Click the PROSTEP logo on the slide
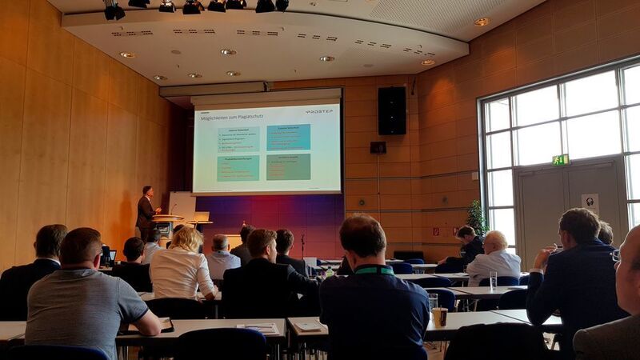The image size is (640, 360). pos(318,112)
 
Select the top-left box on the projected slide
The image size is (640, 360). pos(238,139)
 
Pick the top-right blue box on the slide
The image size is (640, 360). pos(288,138)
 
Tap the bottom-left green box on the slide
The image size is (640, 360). pos(238,167)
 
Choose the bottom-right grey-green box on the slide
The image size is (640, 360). pos(288,166)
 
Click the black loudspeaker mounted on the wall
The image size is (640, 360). pos(392,110)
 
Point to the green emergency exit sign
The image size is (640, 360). pos(560,160)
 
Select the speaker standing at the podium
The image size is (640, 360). pos(146,213)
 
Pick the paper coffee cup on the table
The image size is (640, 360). pos(440,316)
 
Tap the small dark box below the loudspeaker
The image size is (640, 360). pos(378,147)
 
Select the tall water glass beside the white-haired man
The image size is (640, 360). pos(493,280)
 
